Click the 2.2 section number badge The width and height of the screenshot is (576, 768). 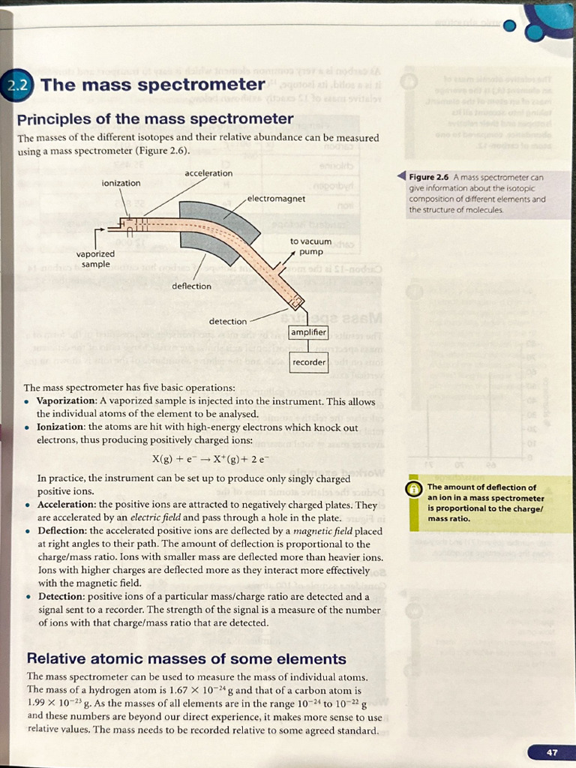[x=16, y=85]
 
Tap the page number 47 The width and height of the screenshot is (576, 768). [x=552, y=751]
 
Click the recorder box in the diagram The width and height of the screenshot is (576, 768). [x=309, y=362]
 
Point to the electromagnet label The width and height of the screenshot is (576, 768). [x=276, y=199]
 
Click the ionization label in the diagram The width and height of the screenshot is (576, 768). [x=121, y=183]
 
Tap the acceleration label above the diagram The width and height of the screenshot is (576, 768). [x=208, y=173]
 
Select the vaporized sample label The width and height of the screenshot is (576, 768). [x=95, y=259]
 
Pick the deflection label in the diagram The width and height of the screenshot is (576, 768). [x=191, y=286]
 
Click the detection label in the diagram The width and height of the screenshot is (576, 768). [x=227, y=322]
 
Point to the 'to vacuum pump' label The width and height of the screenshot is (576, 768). [x=310, y=247]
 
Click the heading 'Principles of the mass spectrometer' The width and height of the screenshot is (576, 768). [x=155, y=119]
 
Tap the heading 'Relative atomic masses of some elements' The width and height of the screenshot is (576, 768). [x=186, y=659]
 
